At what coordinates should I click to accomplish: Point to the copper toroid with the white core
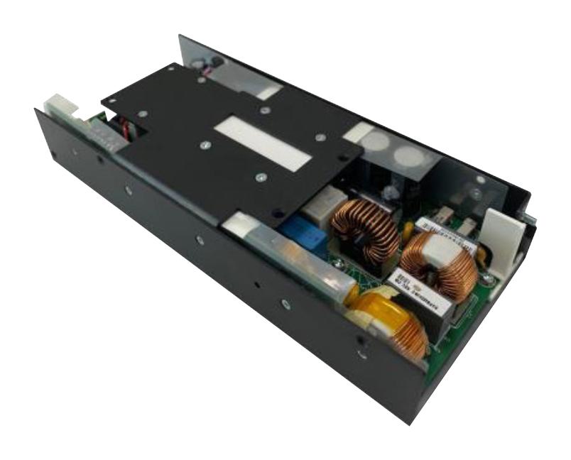pyautogui.click(x=444, y=263)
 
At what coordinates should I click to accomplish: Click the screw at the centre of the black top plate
pyautogui.click(x=205, y=147)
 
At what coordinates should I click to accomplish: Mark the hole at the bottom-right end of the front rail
pyautogui.click(x=362, y=353)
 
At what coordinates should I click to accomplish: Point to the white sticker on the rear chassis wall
pyautogui.click(x=268, y=91)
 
